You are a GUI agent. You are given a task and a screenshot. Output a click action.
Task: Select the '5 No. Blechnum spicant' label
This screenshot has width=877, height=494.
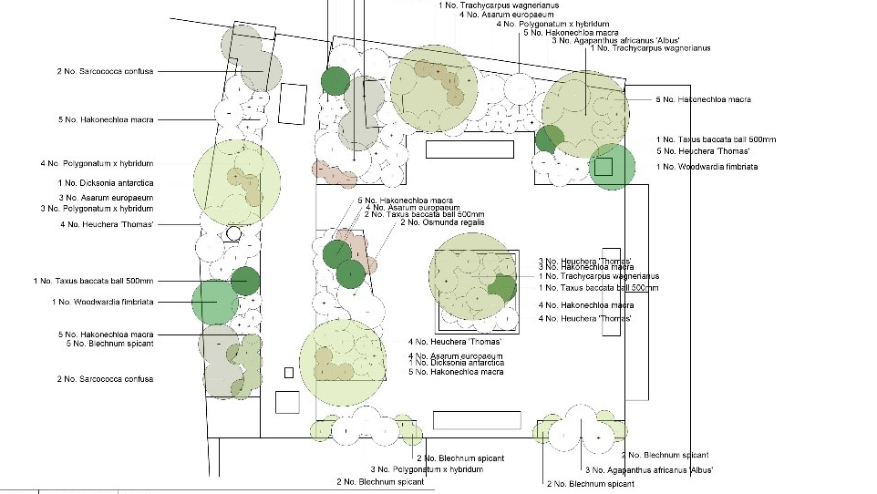pos(109,344)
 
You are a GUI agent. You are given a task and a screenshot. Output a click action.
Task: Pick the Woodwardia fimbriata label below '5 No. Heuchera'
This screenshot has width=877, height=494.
pos(707,167)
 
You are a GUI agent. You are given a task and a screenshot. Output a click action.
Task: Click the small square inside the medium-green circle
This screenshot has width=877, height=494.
pos(603,166)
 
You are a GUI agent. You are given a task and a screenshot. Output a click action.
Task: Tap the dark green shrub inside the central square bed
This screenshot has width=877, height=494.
pos(500,287)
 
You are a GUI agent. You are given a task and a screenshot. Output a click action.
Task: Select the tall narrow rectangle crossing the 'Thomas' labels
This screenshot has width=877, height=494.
pos(611,292)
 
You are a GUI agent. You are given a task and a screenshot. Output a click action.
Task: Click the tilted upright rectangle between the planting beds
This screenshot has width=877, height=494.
pos(293,104)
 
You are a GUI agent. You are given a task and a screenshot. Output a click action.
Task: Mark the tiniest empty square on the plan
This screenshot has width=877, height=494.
pos(289,372)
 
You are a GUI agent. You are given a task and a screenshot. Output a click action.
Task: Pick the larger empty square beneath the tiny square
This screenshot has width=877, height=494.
pos(287,402)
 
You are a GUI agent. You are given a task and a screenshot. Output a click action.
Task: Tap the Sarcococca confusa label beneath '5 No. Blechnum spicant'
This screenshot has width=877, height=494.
pos(105,379)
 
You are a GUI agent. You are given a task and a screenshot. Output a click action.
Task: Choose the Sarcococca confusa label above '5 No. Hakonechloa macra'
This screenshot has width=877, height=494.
pos(104,70)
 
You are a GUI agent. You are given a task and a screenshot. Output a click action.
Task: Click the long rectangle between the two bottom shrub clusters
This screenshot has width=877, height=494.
pos(477,420)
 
